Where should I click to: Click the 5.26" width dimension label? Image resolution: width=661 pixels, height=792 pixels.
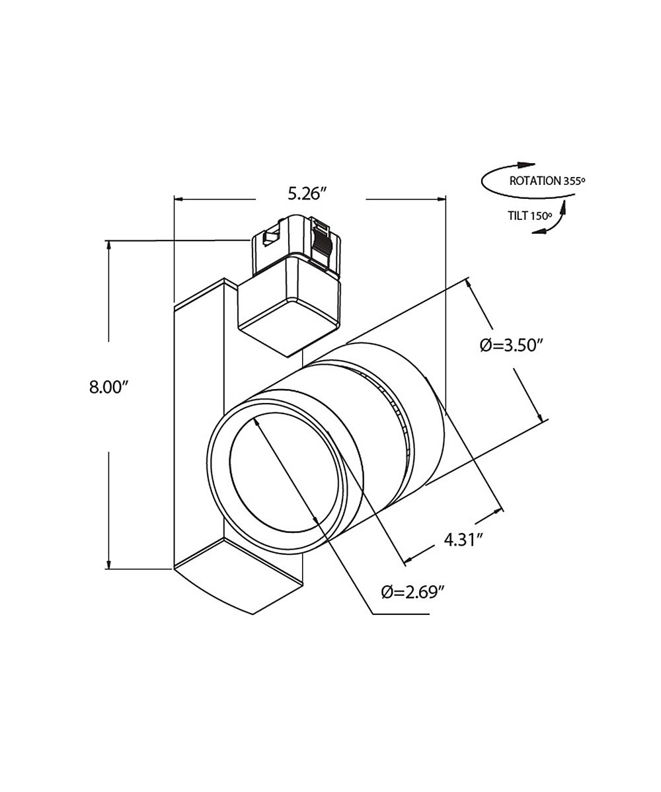point(306,194)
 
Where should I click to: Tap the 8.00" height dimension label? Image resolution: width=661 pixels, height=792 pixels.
point(108,388)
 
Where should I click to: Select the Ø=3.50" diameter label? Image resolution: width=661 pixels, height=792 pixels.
point(512,345)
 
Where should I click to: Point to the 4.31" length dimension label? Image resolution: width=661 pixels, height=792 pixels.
point(461,540)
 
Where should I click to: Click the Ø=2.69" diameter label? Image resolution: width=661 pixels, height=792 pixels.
point(415,591)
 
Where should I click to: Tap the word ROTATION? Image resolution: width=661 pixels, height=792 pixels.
point(535,181)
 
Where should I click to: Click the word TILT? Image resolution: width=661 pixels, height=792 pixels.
point(518,216)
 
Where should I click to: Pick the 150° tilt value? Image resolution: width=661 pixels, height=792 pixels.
point(541,216)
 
